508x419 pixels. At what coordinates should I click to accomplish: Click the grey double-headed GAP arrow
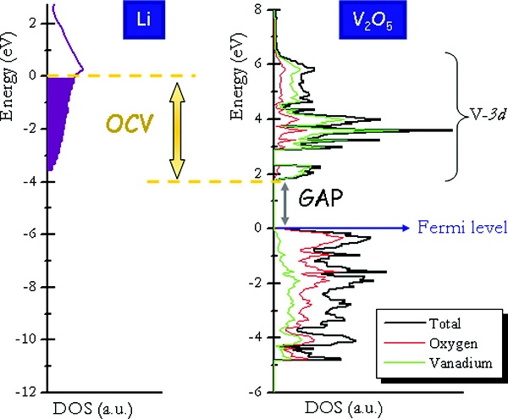click(286, 204)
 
